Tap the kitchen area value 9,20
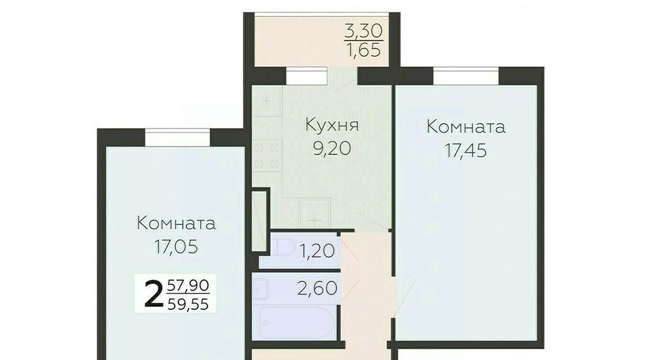point(332,149)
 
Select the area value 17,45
point(466,151)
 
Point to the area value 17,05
point(176,247)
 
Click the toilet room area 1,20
point(317,251)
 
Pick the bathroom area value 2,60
point(317,289)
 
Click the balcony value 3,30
point(363,31)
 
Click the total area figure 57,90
point(188,285)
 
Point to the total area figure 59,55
point(188,304)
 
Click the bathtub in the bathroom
point(297,322)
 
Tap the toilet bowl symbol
point(284,248)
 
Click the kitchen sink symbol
point(315,213)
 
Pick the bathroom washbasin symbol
point(260,289)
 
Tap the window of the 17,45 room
point(466,76)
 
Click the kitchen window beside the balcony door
point(307,76)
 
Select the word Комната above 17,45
point(466,127)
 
